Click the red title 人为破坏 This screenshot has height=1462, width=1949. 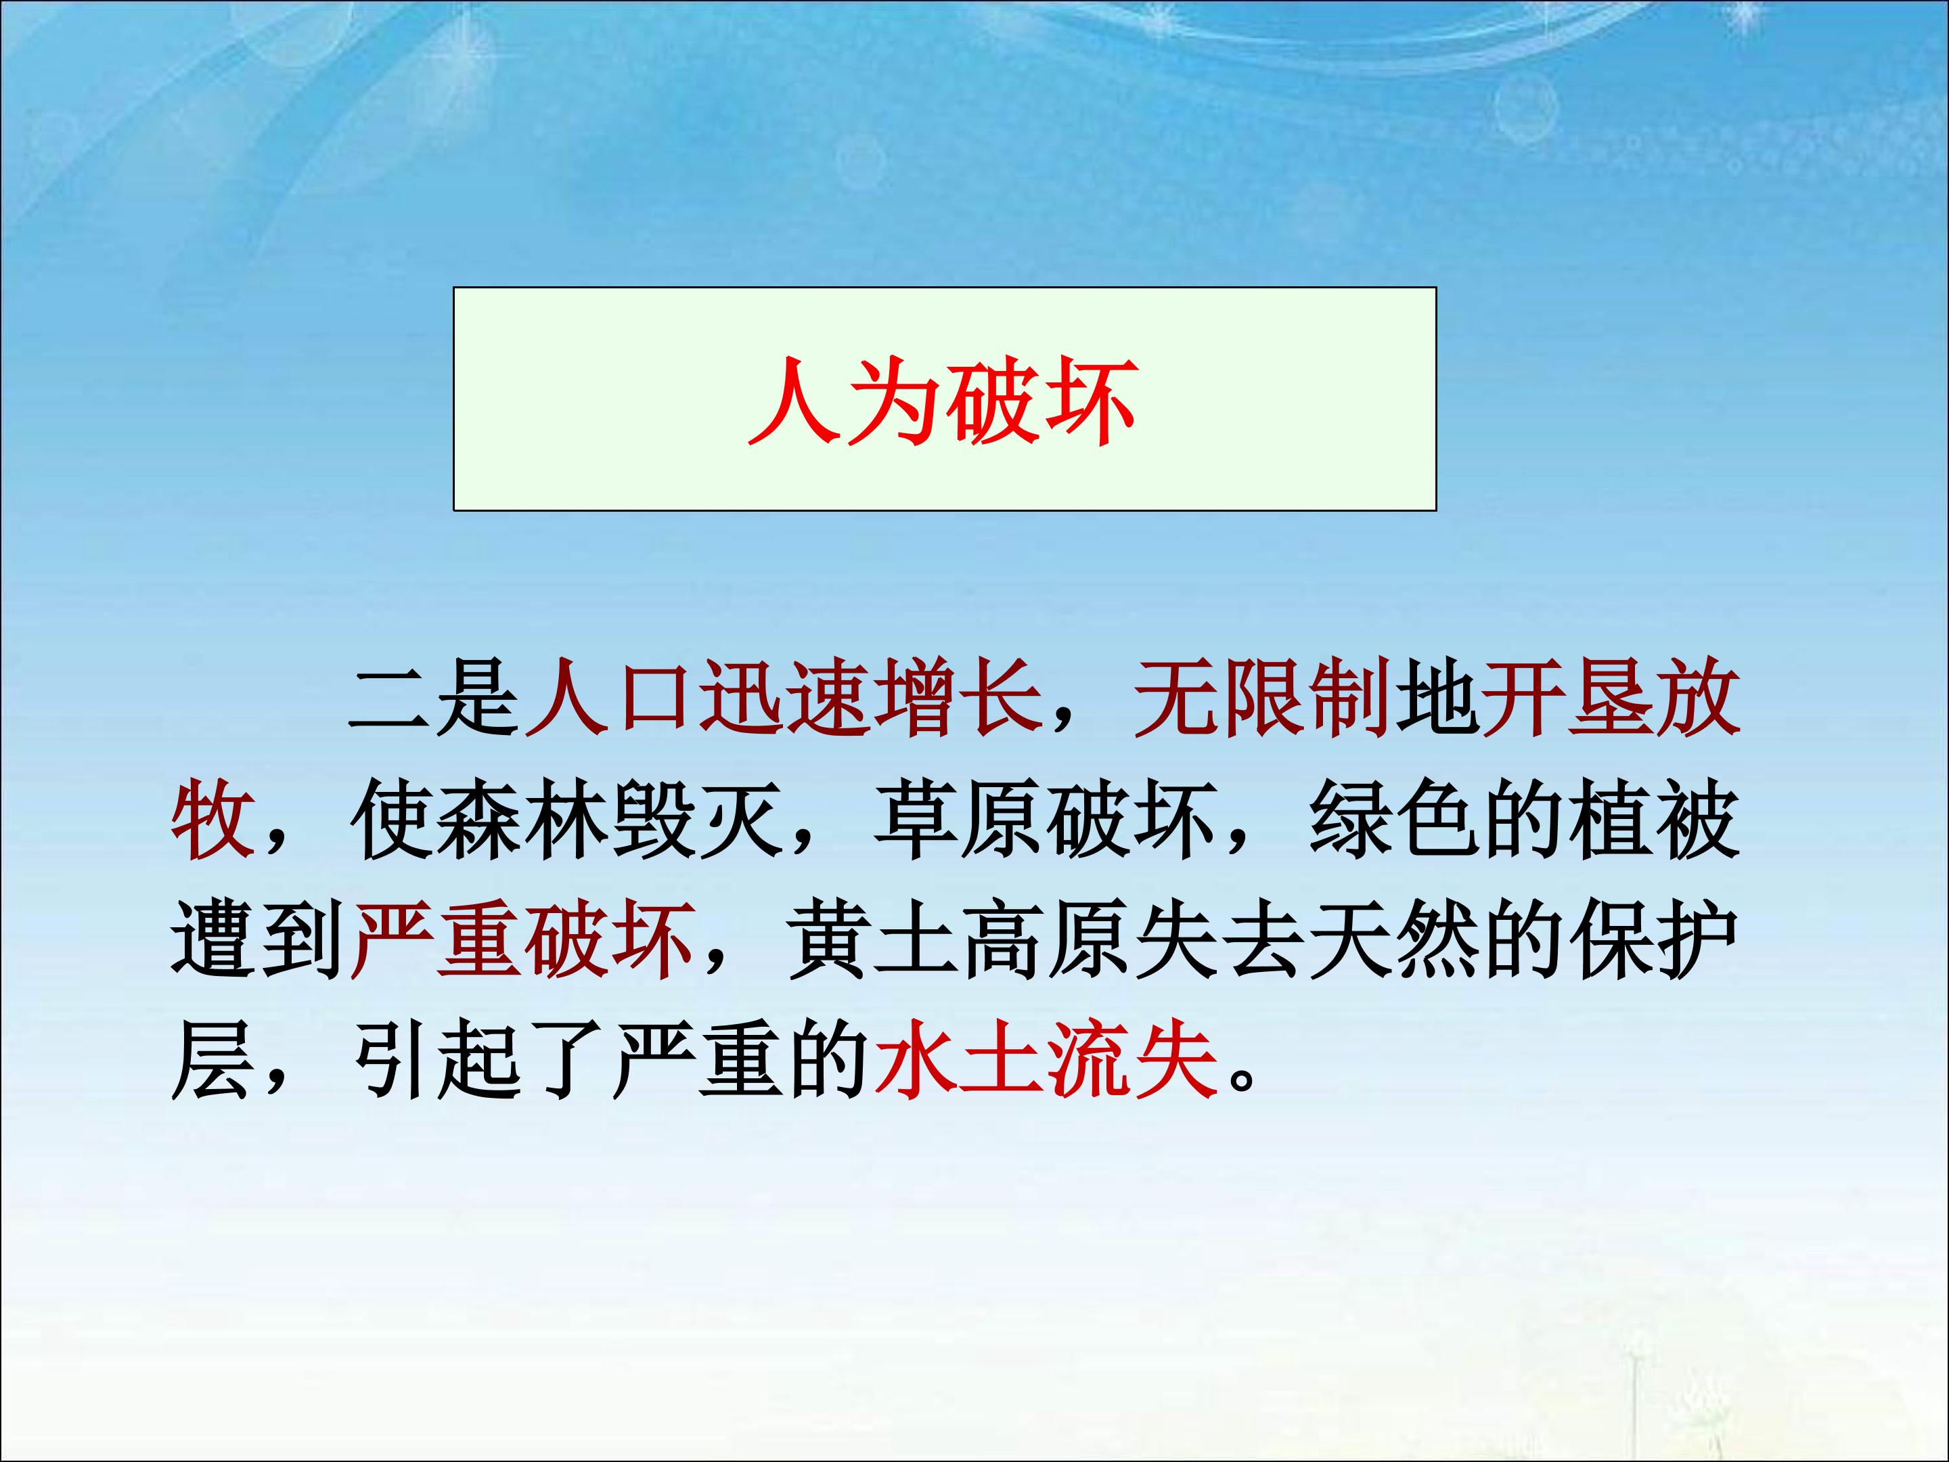click(943, 400)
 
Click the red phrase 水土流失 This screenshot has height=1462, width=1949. click(1045, 1062)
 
